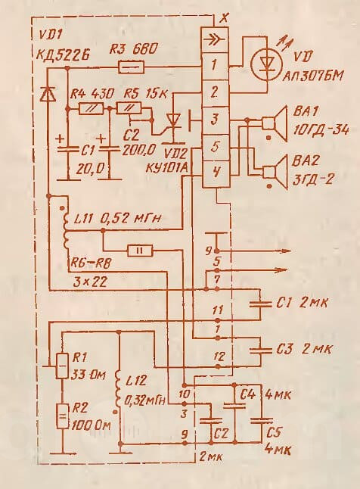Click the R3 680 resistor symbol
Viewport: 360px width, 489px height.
click(x=132, y=67)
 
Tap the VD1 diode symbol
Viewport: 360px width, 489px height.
click(x=48, y=94)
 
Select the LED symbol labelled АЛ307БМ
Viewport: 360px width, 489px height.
click(x=265, y=64)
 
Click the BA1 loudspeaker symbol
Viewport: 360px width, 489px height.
click(x=275, y=124)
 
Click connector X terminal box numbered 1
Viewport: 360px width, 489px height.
click(x=215, y=67)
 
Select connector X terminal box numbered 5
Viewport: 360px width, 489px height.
click(x=215, y=147)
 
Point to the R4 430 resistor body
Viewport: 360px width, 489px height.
click(x=92, y=108)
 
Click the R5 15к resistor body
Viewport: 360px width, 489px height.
click(x=129, y=108)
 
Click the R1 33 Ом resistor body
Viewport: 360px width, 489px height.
click(x=62, y=366)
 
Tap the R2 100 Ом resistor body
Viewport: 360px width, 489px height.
click(x=62, y=416)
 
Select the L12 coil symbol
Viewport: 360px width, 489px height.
click(x=119, y=392)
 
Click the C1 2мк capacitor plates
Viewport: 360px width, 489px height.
click(x=260, y=304)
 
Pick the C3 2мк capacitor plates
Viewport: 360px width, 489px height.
click(x=260, y=349)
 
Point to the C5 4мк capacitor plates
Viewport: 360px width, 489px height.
click(x=261, y=420)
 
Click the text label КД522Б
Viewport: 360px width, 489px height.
click(x=63, y=56)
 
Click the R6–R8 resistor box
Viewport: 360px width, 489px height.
click(x=140, y=251)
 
